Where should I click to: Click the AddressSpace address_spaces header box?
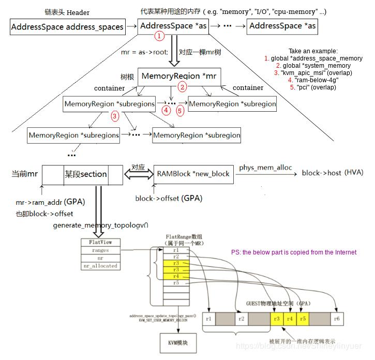click(67, 26)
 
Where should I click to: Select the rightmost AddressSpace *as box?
click(282, 26)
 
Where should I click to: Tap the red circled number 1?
click(160, 36)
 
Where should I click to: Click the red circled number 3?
click(115, 116)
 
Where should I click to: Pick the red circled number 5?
click(180, 110)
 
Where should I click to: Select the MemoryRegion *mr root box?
click(179, 77)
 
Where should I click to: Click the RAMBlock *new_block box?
click(193, 174)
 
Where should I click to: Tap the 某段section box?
click(85, 174)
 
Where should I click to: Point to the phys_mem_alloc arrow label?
click(265, 168)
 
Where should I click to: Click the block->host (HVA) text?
click(333, 173)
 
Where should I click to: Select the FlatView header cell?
click(100, 242)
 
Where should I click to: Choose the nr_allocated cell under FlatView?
click(100, 266)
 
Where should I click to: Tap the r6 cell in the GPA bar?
click(337, 319)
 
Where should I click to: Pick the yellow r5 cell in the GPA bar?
click(303, 319)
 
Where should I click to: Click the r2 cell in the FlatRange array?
click(176, 256)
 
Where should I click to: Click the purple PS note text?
click(294, 252)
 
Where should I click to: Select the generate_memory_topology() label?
click(100, 225)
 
